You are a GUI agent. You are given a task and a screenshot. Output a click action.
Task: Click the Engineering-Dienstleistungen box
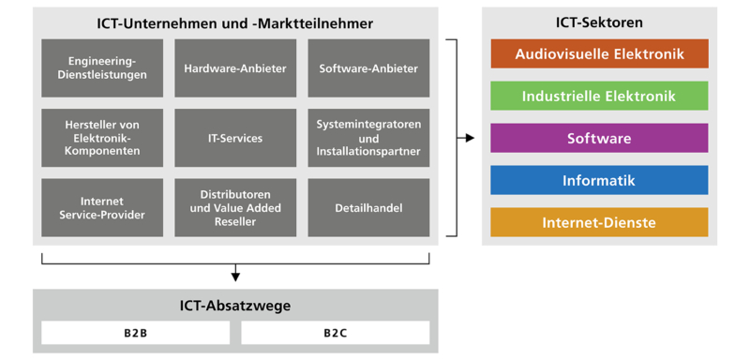[101, 67]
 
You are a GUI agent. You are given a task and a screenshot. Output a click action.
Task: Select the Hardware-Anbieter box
[235, 67]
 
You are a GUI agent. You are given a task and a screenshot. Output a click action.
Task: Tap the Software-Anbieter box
[368, 67]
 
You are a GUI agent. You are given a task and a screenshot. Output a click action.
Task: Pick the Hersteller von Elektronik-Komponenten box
[101, 138]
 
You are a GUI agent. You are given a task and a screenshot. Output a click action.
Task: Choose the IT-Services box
[235, 138]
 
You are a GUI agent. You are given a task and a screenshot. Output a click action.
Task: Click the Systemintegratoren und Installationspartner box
[368, 138]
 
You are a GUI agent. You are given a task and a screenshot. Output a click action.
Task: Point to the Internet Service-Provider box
[101, 207]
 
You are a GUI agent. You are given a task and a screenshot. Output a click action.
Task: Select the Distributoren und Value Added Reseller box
[235, 207]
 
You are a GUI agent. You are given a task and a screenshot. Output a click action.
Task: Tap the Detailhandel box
[368, 207]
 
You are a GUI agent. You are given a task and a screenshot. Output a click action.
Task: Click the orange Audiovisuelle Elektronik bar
[599, 54]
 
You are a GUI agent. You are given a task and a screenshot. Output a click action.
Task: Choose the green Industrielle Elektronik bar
[599, 96]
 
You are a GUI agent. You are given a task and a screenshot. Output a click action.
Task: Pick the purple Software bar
[599, 138]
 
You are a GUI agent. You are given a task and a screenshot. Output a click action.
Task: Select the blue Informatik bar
[599, 180]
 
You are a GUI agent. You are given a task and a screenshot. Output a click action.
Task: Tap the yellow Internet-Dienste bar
[599, 222]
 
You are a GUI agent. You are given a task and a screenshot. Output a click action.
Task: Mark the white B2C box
[335, 333]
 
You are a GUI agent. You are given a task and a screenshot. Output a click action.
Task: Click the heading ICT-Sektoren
[599, 22]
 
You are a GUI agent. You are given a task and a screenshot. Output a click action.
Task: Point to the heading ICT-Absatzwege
[235, 305]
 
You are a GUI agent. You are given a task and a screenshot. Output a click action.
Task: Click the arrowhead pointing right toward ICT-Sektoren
[470, 138]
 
